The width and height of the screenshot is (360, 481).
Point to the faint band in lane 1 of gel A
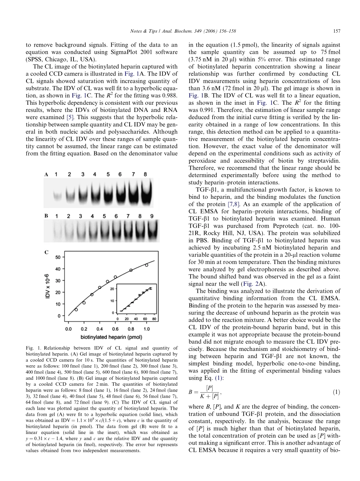coord(57,196)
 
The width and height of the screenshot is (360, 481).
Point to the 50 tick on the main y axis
coord(58,257)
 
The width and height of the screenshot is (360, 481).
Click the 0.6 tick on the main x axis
coord(115,329)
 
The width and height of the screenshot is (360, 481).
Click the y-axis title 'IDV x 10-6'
coord(48,286)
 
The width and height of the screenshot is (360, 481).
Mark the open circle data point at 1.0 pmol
coord(147,265)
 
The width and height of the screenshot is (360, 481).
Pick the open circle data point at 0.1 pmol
coord(76,310)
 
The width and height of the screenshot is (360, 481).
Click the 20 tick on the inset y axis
coord(113,289)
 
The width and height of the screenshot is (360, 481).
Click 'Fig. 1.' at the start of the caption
coord(52,348)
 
